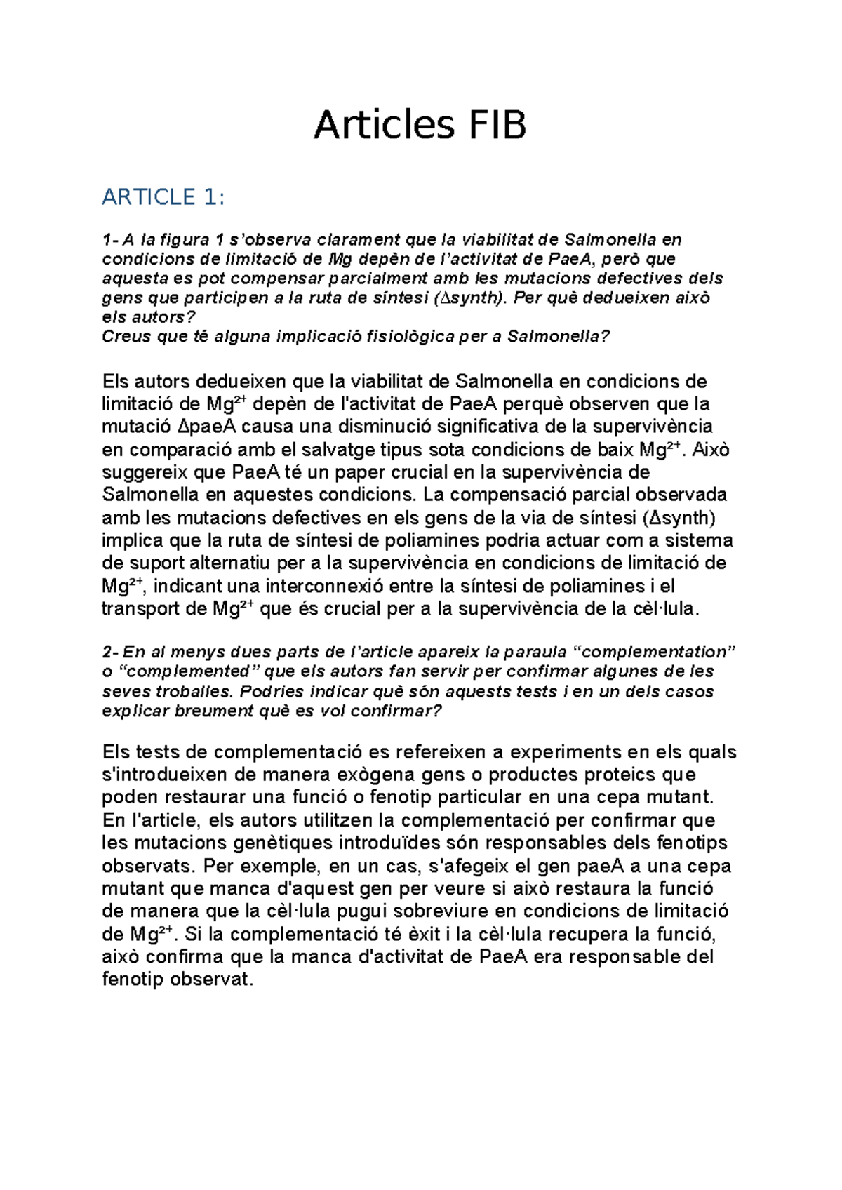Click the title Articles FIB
(420, 126)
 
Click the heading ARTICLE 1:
(163, 197)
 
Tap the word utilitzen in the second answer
(332, 820)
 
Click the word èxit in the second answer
(429, 935)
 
